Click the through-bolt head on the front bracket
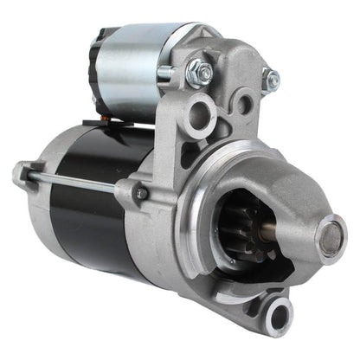point(141,194)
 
